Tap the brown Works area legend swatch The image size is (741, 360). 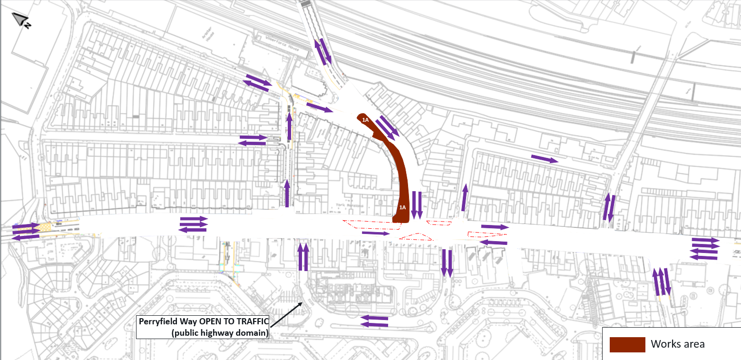click(x=627, y=344)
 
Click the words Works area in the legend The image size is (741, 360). click(x=678, y=344)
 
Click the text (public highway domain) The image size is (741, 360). click(x=220, y=332)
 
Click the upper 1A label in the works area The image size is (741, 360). click(x=365, y=120)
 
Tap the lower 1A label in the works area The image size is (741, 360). click(x=402, y=207)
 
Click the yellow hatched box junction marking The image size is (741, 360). click(x=45, y=227)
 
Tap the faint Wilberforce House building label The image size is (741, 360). click(x=271, y=35)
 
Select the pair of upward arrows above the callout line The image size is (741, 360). click(x=302, y=256)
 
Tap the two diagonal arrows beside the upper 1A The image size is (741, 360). click(x=388, y=127)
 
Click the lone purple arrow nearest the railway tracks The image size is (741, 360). click(x=544, y=159)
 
